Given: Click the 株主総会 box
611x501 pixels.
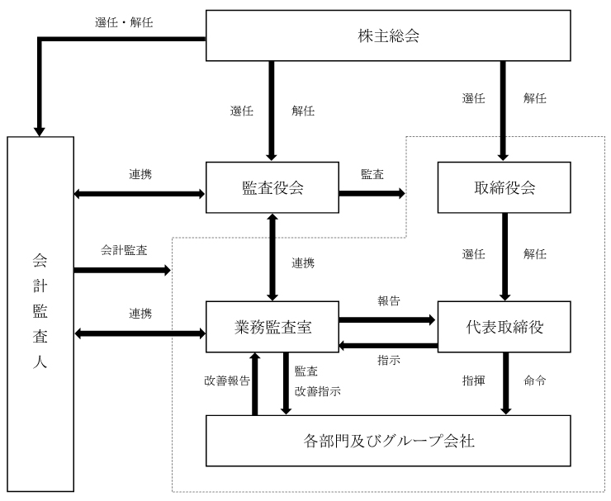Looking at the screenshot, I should (388, 36).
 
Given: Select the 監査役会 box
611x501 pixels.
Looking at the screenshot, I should (272, 187).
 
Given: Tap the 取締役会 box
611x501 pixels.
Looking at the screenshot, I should (504, 187).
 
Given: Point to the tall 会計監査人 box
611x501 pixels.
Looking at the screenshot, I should (40, 314).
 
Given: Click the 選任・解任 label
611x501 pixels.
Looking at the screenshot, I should (124, 22).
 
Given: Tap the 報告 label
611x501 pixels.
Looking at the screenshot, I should (388, 302).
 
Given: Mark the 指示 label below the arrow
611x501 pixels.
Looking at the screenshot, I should (388, 360).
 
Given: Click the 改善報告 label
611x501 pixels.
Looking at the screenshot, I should (226, 381).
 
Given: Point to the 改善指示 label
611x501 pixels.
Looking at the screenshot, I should (317, 390).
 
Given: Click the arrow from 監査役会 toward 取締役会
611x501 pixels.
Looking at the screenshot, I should (372, 193).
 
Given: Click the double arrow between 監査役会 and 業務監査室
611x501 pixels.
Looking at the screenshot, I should (271, 256).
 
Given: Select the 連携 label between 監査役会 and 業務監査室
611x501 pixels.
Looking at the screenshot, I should (303, 262).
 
